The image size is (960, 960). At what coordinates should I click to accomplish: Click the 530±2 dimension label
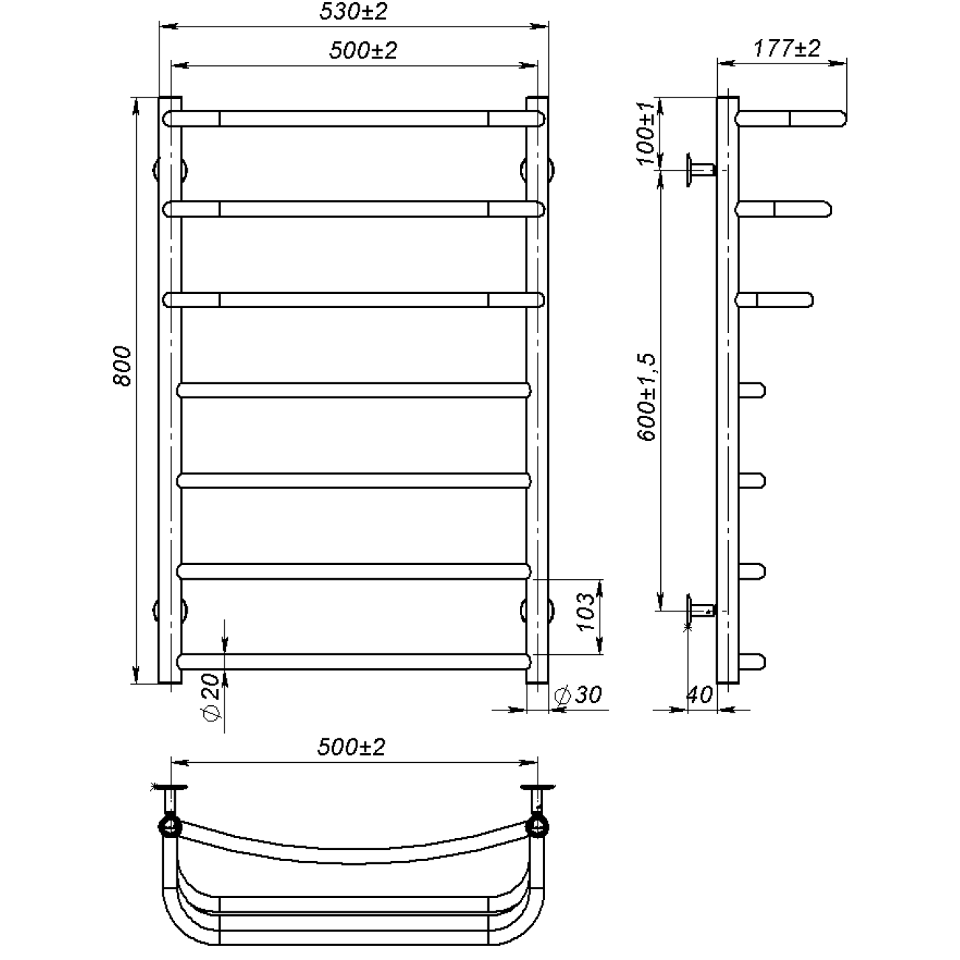(353, 12)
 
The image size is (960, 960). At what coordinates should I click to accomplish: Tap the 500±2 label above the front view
(363, 51)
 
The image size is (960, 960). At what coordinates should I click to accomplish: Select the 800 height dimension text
(122, 366)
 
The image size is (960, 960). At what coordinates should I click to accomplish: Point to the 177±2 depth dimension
(786, 49)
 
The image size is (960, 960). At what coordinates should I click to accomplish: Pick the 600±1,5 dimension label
(648, 397)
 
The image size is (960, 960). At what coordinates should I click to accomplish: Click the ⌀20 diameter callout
(211, 697)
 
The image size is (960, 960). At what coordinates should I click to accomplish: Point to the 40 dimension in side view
(699, 695)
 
